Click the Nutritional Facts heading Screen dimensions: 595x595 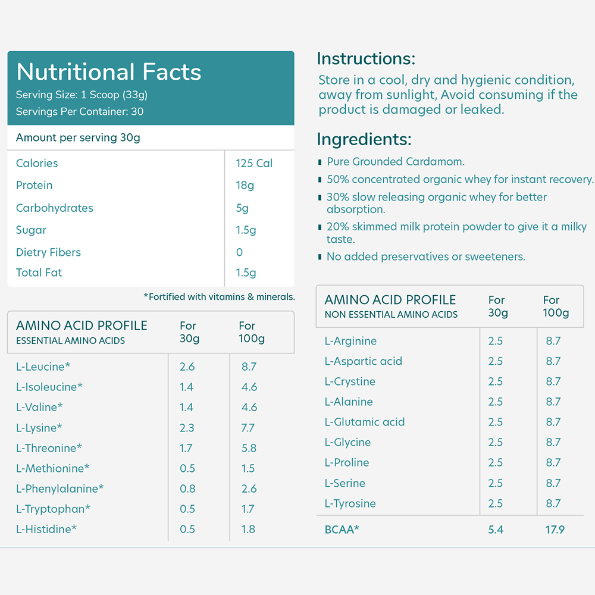click(109, 72)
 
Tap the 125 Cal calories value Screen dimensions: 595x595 click(254, 163)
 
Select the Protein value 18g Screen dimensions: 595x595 click(245, 186)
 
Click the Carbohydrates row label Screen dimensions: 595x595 click(55, 208)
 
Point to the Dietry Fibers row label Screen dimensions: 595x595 click(48, 252)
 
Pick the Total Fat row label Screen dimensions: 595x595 click(39, 273)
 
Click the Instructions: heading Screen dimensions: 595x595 click(366, 59)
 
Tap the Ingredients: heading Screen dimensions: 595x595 click(364, 139)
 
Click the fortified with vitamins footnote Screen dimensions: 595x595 click(219, 296)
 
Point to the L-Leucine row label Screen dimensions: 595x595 click(43, 367)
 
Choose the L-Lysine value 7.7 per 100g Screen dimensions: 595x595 click(248, 428)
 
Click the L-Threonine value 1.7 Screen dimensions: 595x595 click(186, 448)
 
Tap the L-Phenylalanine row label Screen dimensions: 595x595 click(60, 488)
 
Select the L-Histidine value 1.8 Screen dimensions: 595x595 click(249, 529)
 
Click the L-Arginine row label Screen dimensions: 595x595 click(350, 341)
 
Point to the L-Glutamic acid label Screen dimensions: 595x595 click(365, 422)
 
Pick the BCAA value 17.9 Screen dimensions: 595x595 click(555, 529)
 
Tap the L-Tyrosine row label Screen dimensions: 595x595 click(350, 503)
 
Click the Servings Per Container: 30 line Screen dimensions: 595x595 click(80, 111)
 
